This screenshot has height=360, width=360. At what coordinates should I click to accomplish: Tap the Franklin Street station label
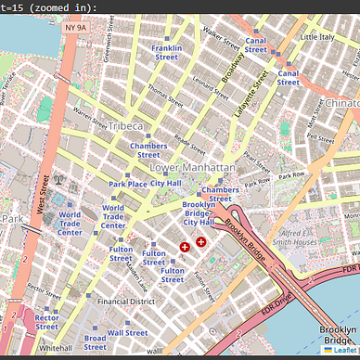(x=166, y=52)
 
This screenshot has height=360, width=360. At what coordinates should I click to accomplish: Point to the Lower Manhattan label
(x=192, y=167)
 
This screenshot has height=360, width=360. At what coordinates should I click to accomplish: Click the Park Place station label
(x=127, y=184)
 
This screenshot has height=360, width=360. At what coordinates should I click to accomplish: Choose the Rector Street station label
(x=46, y=322)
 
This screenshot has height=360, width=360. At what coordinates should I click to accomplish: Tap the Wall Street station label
(x=128, y=332)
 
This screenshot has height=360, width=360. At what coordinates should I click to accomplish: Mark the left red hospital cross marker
(x=185, y=246)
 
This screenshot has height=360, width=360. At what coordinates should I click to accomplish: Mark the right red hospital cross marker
(x=201, y=241)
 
